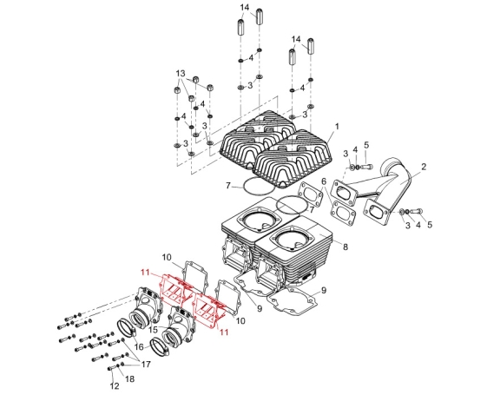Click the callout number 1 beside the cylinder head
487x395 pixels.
(337, 127)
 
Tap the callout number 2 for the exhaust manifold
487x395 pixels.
(424, 167)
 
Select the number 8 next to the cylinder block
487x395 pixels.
(346, 247)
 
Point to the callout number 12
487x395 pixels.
(115, 386)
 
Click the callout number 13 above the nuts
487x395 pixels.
(181, 74)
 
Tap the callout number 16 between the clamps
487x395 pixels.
(140, 347)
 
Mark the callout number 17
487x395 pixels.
(146, 364)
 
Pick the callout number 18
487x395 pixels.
(130, 379)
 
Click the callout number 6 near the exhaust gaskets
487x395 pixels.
(325, 181)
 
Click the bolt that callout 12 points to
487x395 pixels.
(112, 368)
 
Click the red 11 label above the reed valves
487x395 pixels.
(145, 273)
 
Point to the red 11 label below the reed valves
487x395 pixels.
(224, 332)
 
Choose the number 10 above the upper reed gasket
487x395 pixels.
(167, 258)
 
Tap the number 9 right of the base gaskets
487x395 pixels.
(324, 290)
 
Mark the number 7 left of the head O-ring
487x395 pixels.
(228, 186)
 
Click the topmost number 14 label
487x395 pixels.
(245, 7)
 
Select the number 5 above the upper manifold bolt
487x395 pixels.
(366, 145)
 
